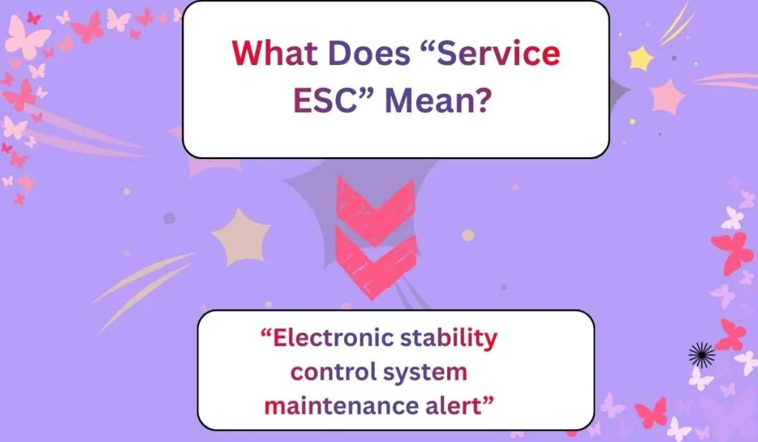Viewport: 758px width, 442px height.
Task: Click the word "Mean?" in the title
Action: click(x=437, y=101)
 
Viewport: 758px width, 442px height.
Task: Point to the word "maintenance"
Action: click(x=341, y=406)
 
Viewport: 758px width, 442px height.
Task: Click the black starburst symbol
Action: click(x=701, y=355)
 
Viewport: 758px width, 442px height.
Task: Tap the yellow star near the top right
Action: click(x=640, y=58)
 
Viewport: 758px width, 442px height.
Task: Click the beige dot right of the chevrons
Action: click(x=468, y=235)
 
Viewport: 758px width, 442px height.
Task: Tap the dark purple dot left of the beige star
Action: click(x=170, y=218)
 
